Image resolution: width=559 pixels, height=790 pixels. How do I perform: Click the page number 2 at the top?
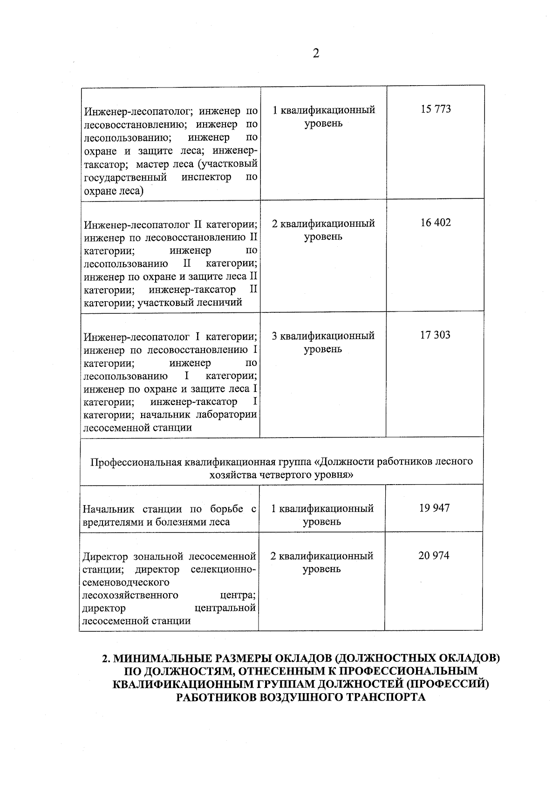(316, 54)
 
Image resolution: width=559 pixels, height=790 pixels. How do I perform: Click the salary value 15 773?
(436, 109)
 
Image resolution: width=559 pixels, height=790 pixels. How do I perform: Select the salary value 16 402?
(436, 223)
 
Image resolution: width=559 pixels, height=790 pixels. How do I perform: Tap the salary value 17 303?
(435, 335)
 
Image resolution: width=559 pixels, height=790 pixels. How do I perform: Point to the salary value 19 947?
(434, 508)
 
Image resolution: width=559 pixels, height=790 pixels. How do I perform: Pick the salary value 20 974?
(434, 556)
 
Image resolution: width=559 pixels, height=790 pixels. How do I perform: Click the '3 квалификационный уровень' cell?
(323, 342)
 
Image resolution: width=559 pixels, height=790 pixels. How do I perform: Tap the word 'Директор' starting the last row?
(105, 556)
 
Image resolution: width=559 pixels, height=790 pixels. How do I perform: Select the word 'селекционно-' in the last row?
(223, 569)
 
